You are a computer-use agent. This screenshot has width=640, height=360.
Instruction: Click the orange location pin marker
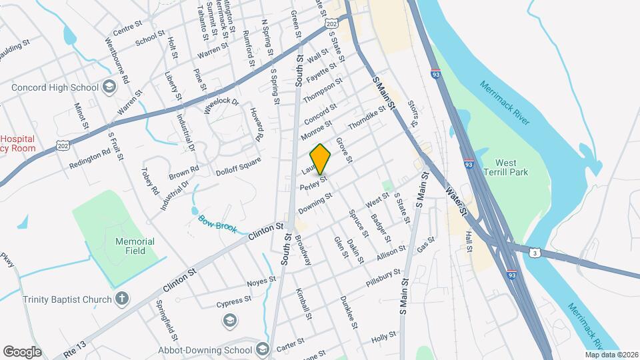point(320,159)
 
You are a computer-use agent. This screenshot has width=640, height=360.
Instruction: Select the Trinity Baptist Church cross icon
point(121,299)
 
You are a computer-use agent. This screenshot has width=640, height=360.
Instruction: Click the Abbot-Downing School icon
point(262,349)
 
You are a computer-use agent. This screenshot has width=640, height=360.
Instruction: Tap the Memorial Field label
point(135,246)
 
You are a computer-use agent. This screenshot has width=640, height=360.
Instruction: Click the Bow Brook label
point(217,224)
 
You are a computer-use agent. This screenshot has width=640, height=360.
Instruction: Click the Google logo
point(22,351)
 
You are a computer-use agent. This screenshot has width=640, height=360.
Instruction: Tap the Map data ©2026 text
point(611,355)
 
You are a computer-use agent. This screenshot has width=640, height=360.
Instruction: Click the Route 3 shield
point(535,253)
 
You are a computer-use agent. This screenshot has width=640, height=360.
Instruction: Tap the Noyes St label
point(261,282)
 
